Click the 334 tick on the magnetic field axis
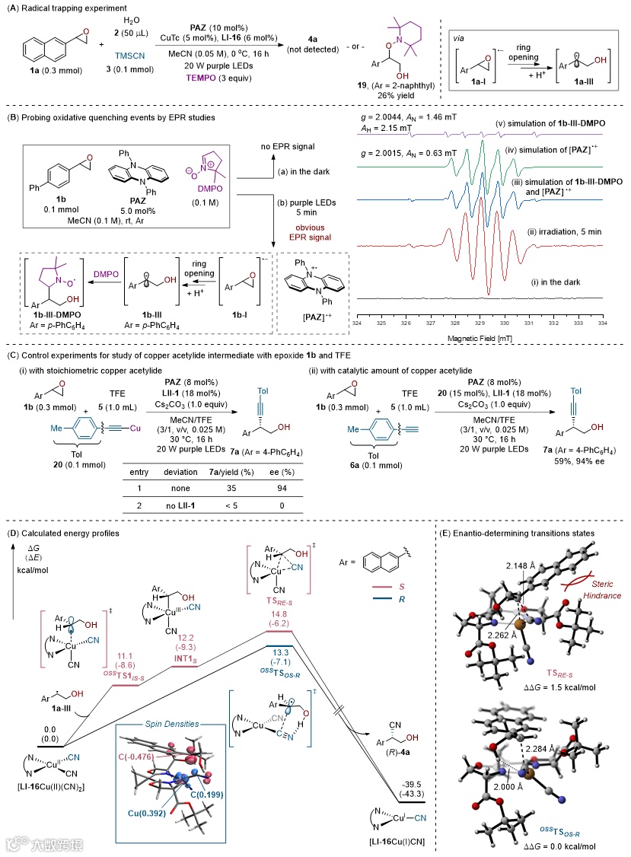click(x=602, y=323)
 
